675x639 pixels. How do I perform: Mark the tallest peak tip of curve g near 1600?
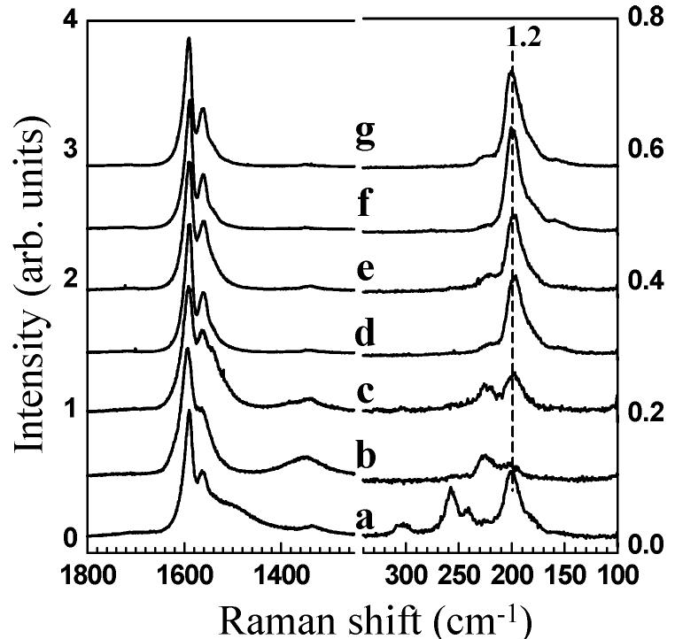189,39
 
